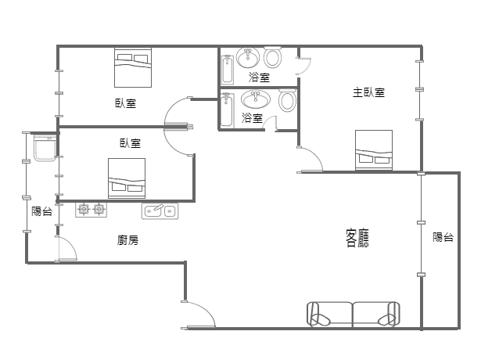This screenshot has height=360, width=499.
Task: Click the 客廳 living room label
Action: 357,238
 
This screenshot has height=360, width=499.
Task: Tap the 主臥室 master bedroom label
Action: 369,92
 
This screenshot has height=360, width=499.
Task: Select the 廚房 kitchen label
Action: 128,240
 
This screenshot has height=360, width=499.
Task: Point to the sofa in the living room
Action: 354,315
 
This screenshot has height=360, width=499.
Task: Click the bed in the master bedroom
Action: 374,150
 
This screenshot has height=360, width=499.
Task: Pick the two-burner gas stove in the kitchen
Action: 91,210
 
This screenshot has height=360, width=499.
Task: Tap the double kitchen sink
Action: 160,211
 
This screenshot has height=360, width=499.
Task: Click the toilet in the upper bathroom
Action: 273,58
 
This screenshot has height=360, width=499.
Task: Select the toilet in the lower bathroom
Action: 288,101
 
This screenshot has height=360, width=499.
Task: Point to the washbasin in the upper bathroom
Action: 248,58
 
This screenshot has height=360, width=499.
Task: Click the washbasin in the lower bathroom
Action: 256,99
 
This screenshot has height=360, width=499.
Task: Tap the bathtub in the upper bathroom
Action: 228,70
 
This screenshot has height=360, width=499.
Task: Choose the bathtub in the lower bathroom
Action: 227,110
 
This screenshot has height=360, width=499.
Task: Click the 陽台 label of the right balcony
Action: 443,237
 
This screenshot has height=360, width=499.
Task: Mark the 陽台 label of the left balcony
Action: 41,211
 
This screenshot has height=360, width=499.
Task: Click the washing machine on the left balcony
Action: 45,147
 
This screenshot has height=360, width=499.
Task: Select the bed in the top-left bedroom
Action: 133,67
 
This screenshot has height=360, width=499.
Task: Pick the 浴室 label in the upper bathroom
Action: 259,77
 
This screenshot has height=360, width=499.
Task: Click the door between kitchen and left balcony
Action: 67,248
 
